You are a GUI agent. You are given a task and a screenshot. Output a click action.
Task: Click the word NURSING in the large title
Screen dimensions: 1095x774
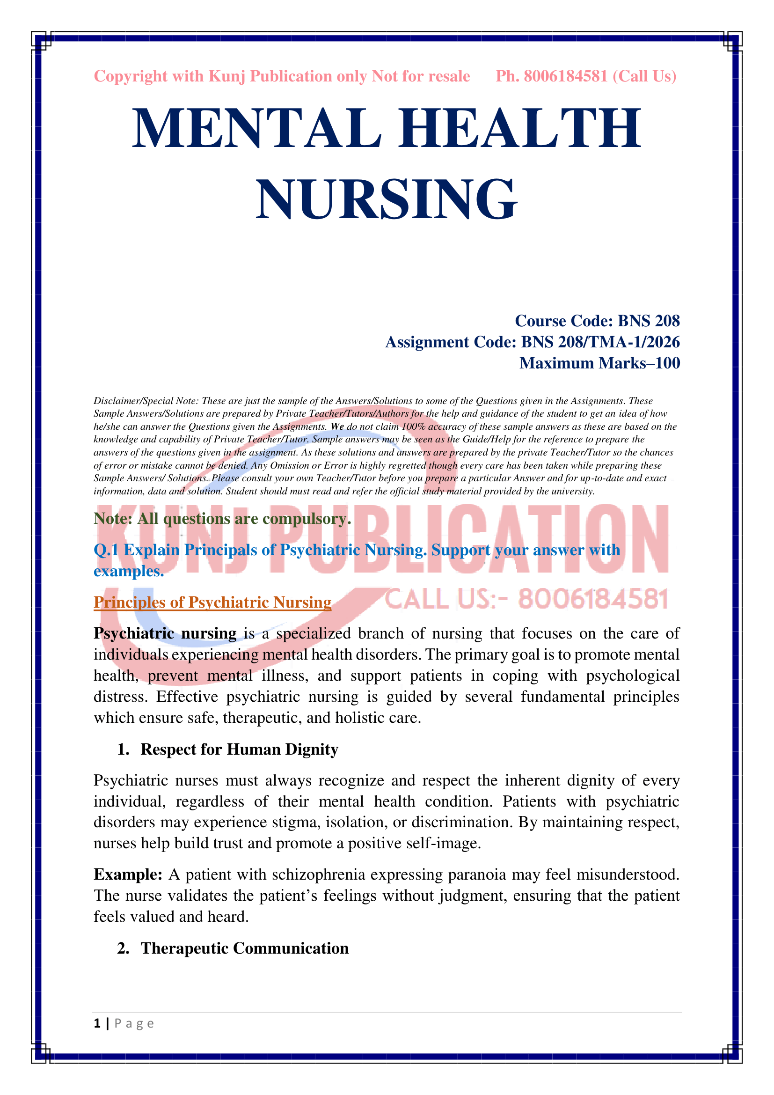click(387, 199)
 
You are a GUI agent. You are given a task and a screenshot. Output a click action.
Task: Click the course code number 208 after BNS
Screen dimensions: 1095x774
click(666, 321)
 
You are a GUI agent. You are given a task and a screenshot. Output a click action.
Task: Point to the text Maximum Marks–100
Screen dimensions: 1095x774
click(599, 363)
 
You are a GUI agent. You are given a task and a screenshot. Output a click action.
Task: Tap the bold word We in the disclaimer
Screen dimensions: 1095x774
click(337, 426)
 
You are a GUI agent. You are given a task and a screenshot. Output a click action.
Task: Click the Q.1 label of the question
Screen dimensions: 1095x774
click(106, 550)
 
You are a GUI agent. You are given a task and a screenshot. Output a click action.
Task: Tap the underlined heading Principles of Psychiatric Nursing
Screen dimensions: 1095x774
click(212, 603)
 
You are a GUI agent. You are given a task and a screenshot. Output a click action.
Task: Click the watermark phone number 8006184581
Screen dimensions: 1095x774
click(593, 599)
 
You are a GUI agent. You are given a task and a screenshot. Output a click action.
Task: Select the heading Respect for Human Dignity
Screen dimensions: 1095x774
click(239, 749)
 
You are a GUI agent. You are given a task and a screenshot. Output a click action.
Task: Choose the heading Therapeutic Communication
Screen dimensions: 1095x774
click(244, 948)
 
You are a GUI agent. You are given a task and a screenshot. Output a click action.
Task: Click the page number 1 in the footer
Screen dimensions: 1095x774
click(97, 1023)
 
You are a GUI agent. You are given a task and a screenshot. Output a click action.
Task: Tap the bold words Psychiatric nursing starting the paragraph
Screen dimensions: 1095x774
click(165, 633)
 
